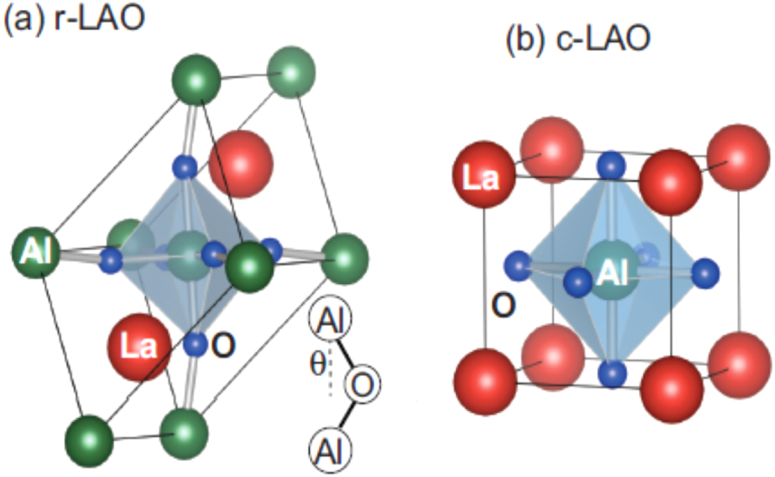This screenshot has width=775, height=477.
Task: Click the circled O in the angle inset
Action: click(x=362, y=386)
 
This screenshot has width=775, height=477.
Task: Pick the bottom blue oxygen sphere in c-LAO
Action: click(x=612, y=372)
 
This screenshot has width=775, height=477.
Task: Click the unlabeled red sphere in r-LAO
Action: click(x=241, y=163)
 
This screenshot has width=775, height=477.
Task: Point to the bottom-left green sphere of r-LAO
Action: click(x=90, y=440)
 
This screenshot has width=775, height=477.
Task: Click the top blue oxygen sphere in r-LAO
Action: click(x=185, y=165)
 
